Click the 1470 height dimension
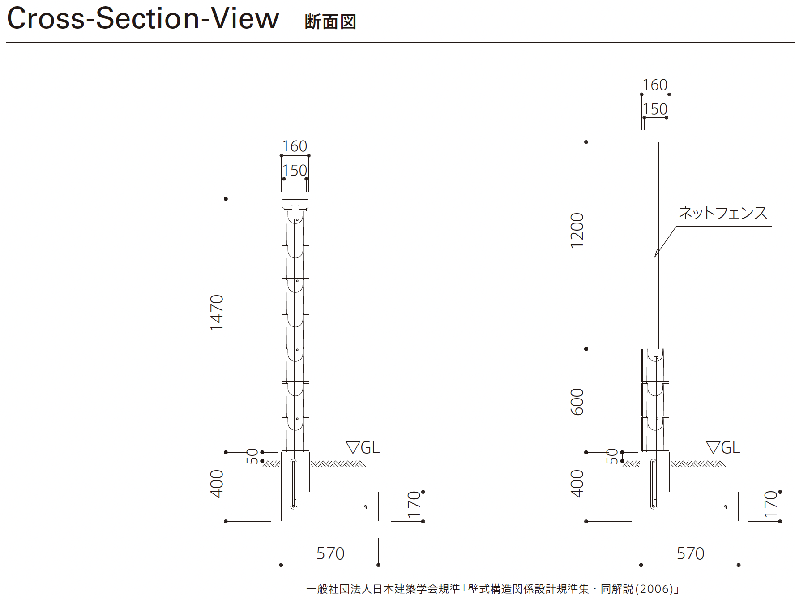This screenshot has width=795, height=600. tap(217, 313)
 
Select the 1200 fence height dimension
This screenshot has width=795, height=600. tap(577, 230)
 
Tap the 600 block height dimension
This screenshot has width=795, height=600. tap(577, 402)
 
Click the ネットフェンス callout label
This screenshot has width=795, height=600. tap(723, 213)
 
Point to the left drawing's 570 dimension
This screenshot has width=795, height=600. tap(330, 554)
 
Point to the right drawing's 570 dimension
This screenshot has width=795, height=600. tap(690, 554)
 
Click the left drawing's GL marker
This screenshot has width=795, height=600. tap(363, 447)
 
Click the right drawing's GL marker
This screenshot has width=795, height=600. tap(723, 447)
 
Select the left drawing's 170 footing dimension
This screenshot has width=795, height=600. tap(414, 505)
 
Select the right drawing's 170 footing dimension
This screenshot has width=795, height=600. tap(770, 505)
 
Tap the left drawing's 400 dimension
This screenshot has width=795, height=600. tap(217, 484)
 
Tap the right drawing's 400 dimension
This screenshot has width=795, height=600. tap(577, 484)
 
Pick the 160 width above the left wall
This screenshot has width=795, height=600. tap(295, 146)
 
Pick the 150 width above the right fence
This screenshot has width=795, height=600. tap(655, 109)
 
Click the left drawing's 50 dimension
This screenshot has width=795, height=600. tap(252, 456)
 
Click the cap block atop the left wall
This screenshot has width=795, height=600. tap(295, 204)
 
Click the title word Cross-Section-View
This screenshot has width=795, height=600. tap(143, 19)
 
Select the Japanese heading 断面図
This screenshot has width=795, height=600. tap(330, 22)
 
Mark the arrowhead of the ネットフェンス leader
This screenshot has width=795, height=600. tap(655, 256)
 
